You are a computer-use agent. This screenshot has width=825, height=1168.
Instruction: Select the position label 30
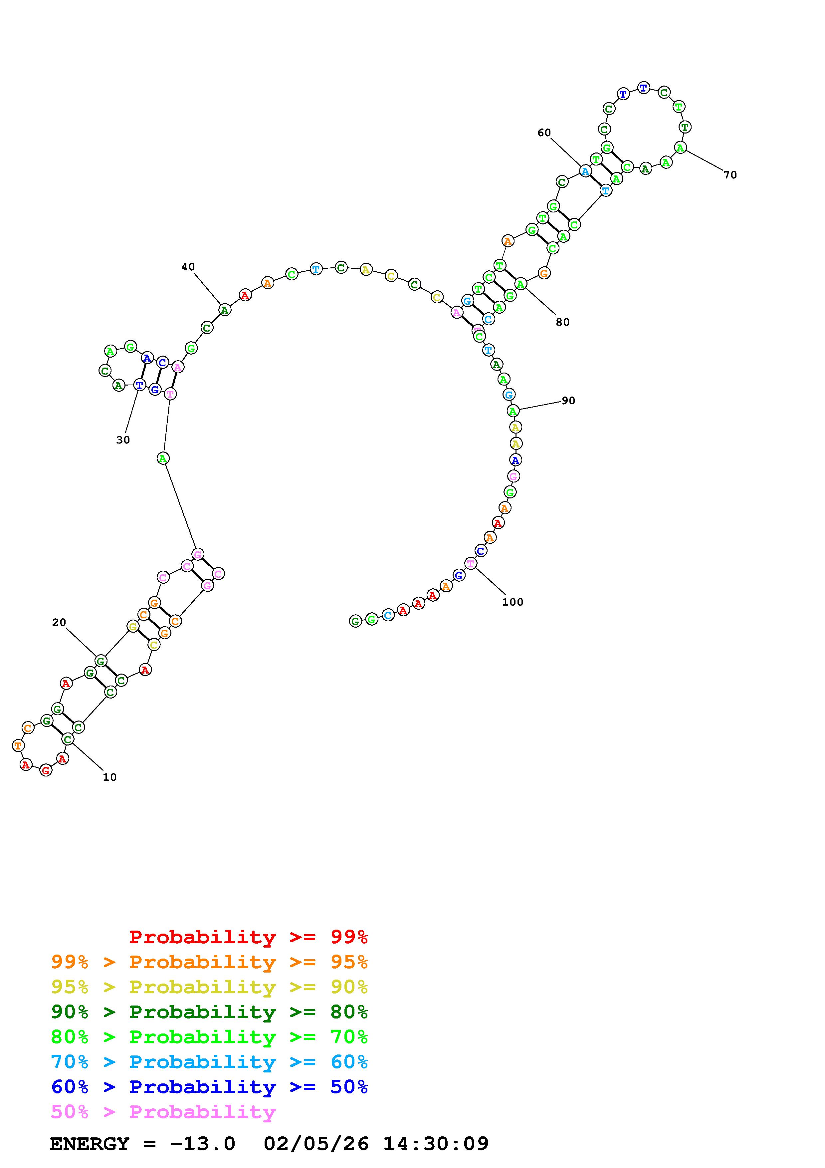[x=123, y=440]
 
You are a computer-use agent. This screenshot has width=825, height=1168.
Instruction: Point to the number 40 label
[x=188, y=267]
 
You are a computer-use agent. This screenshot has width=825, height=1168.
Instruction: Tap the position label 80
[x=563, y=322]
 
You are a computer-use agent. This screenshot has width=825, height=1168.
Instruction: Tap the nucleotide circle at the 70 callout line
[x=680, y=147]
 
